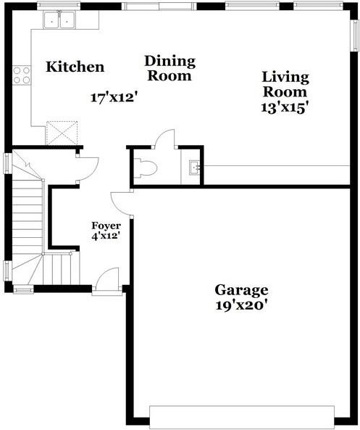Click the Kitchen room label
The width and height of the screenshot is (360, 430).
point(75,67)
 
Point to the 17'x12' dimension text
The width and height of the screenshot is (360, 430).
point(114,97)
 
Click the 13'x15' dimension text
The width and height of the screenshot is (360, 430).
point(285,107)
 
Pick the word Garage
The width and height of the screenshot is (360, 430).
point(241,290)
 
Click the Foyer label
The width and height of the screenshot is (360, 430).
point(106,226)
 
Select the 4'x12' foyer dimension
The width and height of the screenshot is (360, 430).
point(106,236)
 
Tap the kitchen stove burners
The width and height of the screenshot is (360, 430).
point(22,75)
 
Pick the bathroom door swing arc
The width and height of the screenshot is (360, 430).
point(166,138)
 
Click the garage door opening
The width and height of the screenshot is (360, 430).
point(242,417)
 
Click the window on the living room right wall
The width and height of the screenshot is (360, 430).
point(354,36)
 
